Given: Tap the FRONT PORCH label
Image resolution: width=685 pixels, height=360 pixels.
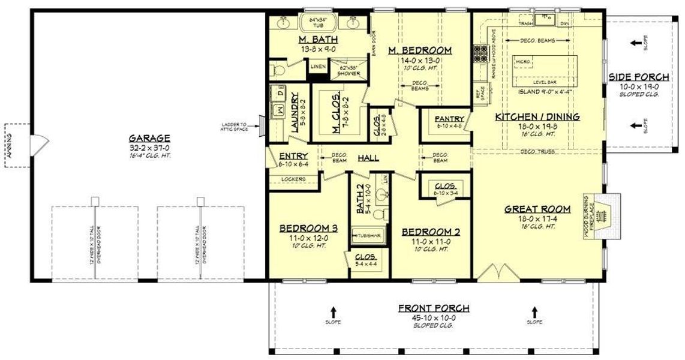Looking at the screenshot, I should point(434,308).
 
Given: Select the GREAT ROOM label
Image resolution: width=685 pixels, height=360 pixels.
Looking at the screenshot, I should point(537,209).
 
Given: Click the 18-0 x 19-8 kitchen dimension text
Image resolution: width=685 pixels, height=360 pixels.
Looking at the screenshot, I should point(537,127).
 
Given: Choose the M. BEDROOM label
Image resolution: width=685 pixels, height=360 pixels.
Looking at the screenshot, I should point(419,50).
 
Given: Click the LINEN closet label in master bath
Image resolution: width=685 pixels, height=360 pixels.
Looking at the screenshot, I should point(317,66).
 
